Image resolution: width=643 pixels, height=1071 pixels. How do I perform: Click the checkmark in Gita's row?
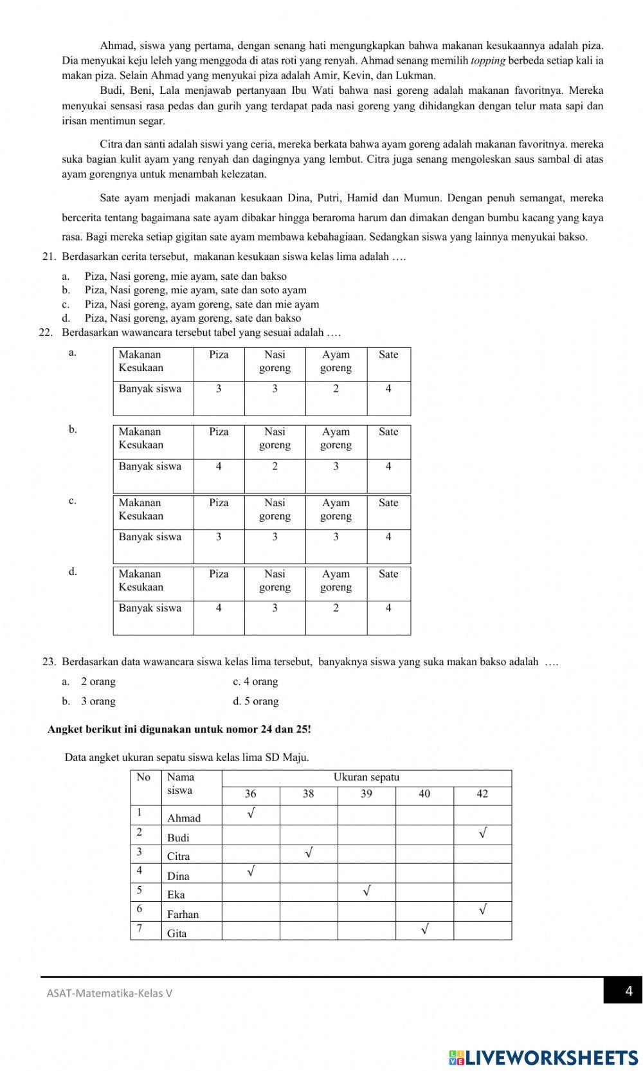[x=424, y=929]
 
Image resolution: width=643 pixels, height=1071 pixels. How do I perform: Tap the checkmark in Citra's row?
[x=309, y=853]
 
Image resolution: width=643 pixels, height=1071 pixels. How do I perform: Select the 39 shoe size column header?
[x=366, y=794]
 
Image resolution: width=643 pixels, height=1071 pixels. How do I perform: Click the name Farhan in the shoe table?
[x=183, y=914]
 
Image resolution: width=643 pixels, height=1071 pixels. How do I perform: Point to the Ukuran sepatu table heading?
[x=366, y=777]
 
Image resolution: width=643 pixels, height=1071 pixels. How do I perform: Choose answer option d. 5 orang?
[x=255, y=701]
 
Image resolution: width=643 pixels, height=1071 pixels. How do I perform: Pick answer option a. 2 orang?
[x=90, y=681]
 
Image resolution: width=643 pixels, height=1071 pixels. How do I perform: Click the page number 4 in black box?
[x=628, y=991]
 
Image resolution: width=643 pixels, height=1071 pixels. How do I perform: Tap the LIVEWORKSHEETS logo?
[x=543, y=1057]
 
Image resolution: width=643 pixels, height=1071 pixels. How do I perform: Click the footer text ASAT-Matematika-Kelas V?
[x=109, y=993]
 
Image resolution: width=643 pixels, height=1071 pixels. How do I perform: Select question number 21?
[x=49, y=257]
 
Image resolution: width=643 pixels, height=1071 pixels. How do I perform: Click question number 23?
[x=49, y=661]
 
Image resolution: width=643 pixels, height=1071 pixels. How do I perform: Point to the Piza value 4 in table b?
[x=219, y=466]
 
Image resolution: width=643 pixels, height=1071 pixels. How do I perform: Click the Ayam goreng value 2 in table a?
[x=336, y=389]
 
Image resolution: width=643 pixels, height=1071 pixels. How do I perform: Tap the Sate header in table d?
[x=388, y=574]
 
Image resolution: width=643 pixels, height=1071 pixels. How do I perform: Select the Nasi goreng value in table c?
[x=275, y=537]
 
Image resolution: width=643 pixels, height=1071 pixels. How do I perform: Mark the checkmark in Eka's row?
[x=367, y=892]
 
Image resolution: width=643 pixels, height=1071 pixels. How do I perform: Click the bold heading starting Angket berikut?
[x=179, y=729]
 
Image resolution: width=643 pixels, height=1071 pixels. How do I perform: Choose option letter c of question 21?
[x=66, y=304]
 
